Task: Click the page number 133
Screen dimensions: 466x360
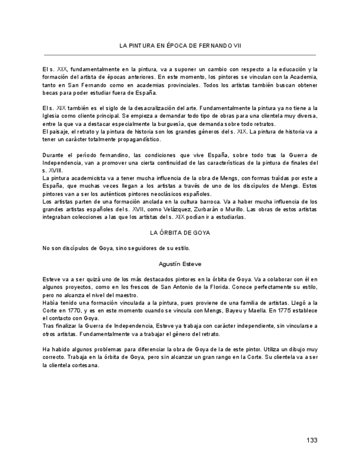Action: tap(312, 440)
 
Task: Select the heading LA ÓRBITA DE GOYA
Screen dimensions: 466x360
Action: tap(180, 233)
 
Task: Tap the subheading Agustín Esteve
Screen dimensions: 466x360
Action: tap(180, 264)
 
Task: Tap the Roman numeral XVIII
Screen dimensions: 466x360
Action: tap(55, 171)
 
